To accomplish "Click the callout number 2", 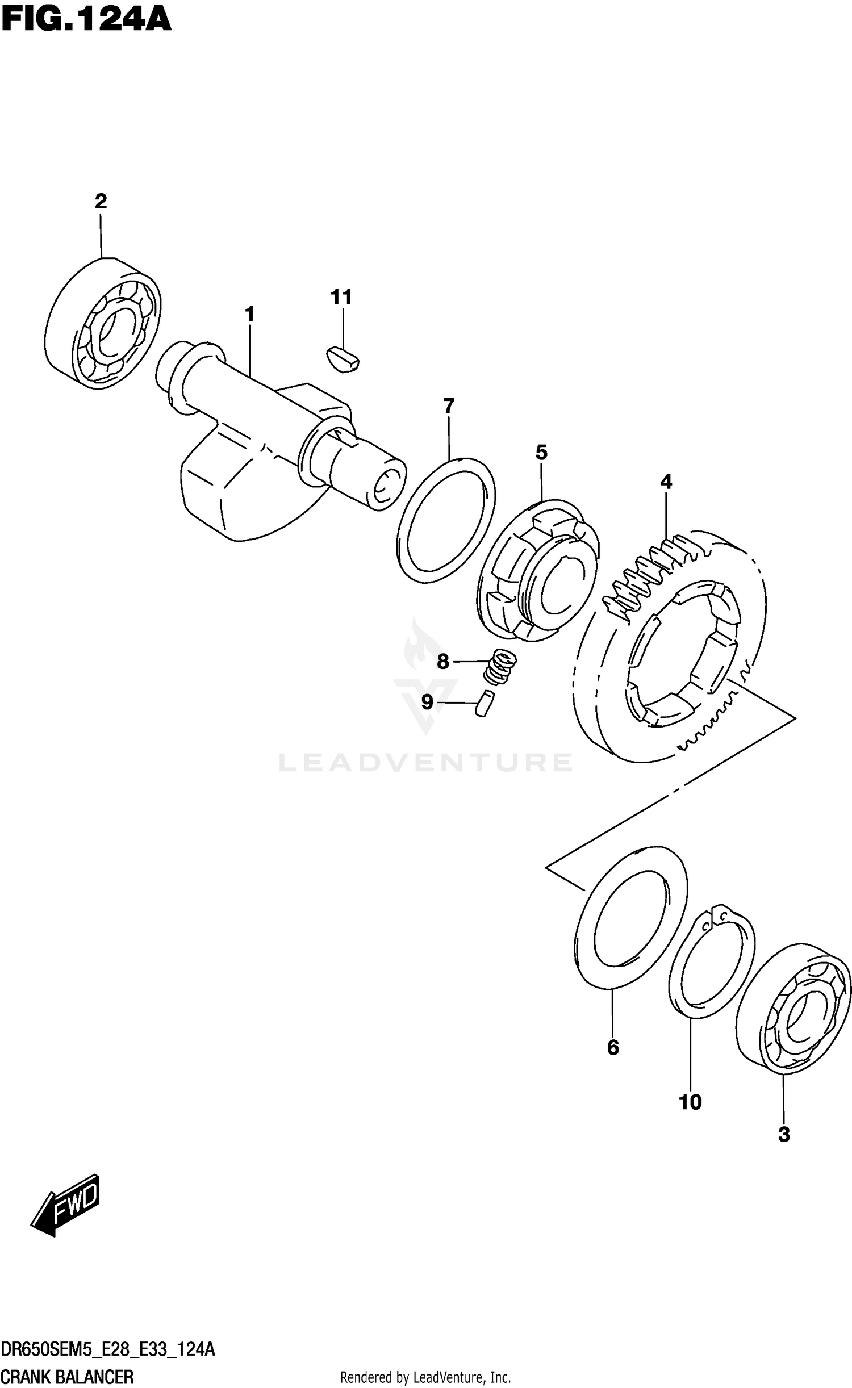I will click(x=101, y=201).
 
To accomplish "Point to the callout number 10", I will click(x=690, y=1102).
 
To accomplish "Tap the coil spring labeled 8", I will click(x=499, y=667).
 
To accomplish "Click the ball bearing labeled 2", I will click(x=102, y=324).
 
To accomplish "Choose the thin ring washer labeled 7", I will click(x=445, y=520).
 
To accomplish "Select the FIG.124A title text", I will click(x=85, y=20).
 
